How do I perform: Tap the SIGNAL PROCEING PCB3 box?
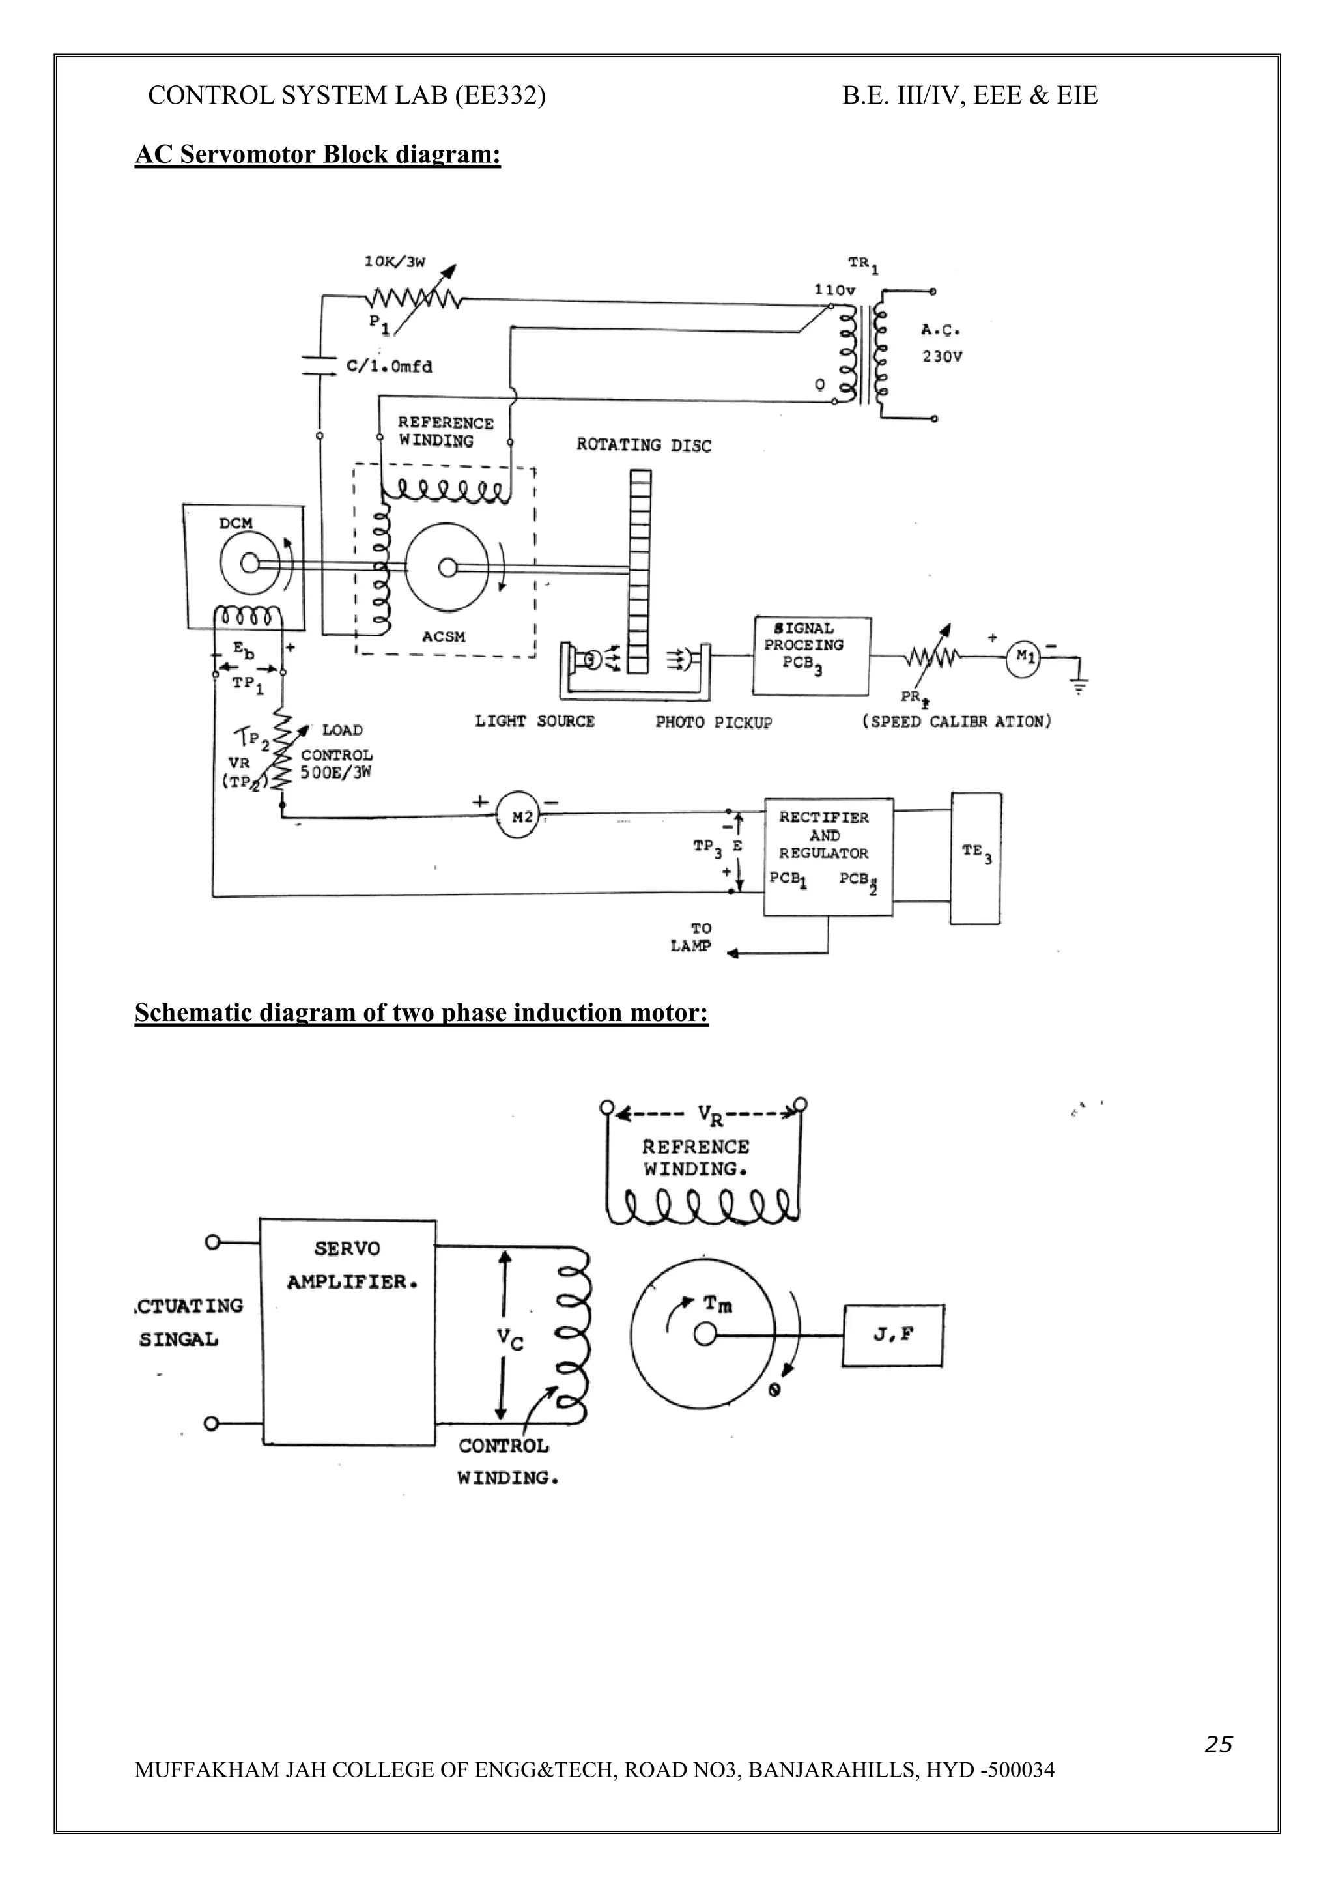coord(810,655)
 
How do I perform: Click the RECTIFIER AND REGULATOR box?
coord(828,855)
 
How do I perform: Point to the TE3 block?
coord(976,857)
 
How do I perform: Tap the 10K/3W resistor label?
coord(395,263)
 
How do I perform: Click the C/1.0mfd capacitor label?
coord(390,367)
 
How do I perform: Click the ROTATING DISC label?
coord(644,446)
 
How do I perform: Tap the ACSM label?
coord(444,636)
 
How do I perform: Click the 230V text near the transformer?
coord(941,358)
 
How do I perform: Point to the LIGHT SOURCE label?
coord(534,721)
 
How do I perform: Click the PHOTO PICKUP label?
coord(713,722)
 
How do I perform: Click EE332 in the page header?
coord(499,96)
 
